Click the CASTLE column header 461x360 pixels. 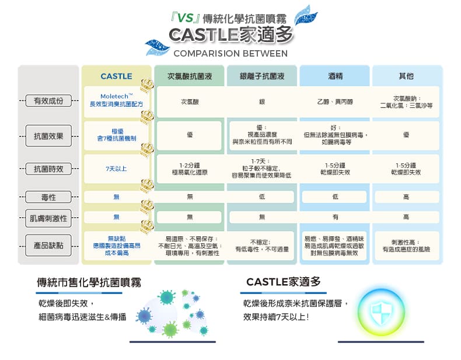117,76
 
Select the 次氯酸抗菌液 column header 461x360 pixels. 190,76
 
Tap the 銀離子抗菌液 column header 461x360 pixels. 262,76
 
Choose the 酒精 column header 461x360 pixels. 335,76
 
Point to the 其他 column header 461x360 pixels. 406,76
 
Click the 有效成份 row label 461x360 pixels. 48,101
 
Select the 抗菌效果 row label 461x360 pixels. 48,136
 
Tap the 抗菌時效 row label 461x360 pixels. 48,169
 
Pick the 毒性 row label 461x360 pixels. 48,197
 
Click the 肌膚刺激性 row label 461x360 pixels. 48,218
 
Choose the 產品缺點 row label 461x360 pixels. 48,246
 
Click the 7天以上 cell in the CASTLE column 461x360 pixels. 117,169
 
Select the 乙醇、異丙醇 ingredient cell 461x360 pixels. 335,102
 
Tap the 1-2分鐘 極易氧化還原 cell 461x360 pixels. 190,169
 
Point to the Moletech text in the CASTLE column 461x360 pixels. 117,96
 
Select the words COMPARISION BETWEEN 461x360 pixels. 230,54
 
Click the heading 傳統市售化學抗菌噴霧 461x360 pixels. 89,282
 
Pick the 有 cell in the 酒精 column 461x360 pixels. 335,217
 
